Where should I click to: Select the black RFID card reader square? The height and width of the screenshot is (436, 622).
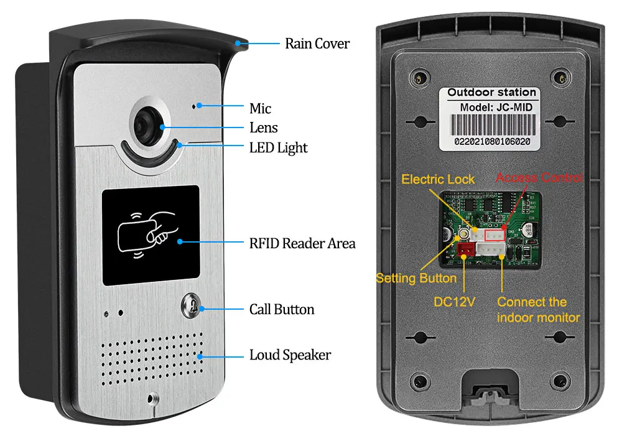coord(151,235)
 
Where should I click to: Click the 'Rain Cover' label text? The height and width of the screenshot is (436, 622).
coord(317,44)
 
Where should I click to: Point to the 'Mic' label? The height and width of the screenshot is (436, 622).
coord(260,108)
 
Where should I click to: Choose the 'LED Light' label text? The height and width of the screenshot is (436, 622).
coord(278,148)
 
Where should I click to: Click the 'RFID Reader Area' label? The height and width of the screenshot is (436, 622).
coord(302,243)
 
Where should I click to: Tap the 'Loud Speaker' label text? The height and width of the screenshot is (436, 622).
coord(290,355)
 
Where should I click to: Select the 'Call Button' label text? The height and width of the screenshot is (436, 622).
coord(282,309)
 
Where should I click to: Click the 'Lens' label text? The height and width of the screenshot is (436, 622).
coord(263,128)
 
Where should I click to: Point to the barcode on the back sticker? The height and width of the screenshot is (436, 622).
coord(491,128)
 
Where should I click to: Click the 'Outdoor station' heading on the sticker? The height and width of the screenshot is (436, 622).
coord(491,92)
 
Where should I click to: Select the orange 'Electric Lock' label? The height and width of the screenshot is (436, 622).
coord(438,179)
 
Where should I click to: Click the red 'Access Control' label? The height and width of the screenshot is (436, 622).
coord(539,178)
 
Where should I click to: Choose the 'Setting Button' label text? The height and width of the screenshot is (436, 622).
coord(416,278)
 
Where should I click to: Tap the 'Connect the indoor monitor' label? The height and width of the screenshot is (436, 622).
coord(538,310)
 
